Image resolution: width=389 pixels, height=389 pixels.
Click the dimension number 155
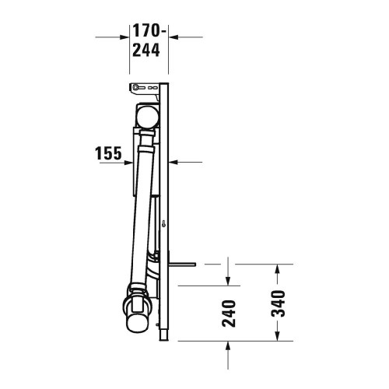coord(107,153)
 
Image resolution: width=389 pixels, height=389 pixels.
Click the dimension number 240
coord(228,313)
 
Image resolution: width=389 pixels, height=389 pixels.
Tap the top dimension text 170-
coord(145,31)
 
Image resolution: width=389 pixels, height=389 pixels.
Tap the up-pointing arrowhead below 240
coord(228,345)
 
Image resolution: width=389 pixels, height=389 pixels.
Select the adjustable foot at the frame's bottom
coord(163,330)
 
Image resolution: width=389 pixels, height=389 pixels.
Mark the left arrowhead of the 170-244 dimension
coord(124,36)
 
